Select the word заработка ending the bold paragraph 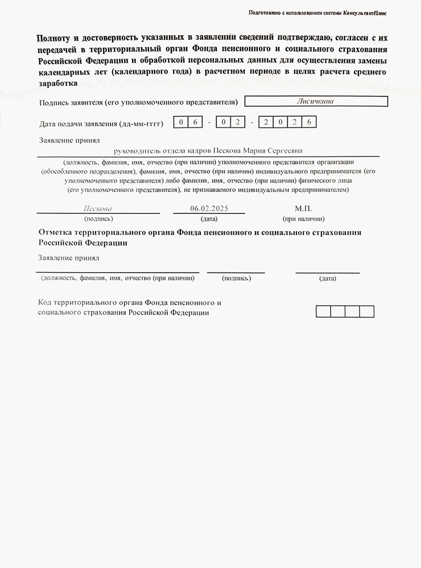point(57,83)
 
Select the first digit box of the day point(180,122)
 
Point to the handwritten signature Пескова point(98,208)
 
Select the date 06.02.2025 point(209,208)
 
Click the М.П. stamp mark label point(303,208)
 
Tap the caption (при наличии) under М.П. point(303,219)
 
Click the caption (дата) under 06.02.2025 point(209,219)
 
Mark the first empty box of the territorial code point(323,311)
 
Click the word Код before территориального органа point(46,302)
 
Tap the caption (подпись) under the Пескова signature point(98,219)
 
